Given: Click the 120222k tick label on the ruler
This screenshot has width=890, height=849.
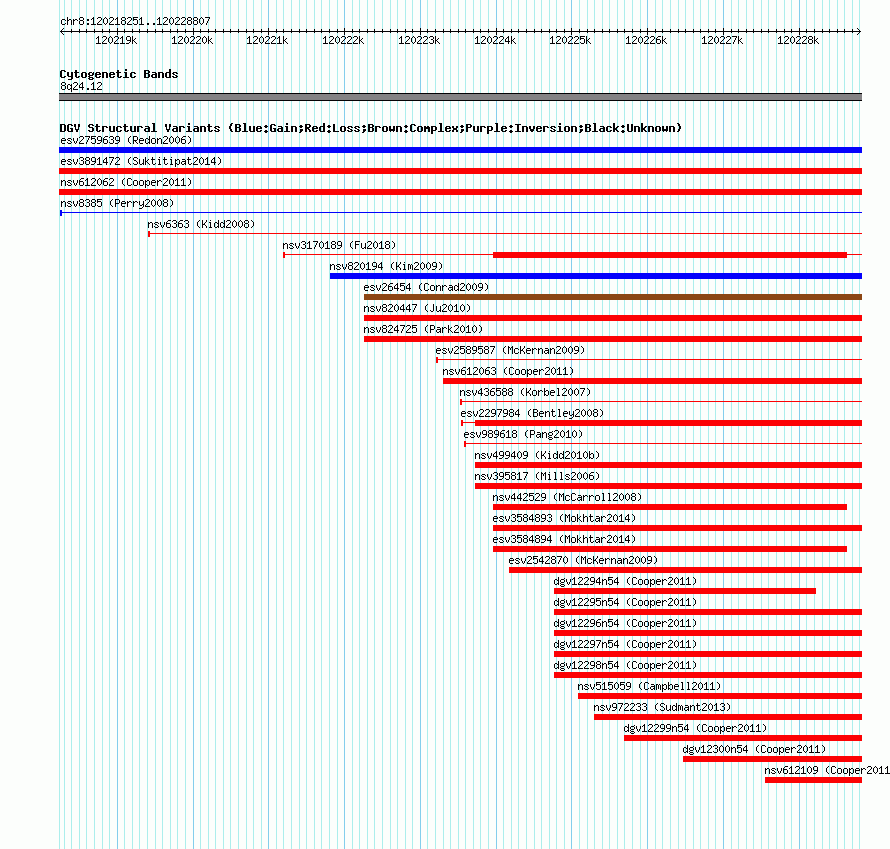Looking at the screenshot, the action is click(x=343, y=40).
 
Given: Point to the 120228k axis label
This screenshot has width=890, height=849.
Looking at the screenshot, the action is click(x=798, y=40).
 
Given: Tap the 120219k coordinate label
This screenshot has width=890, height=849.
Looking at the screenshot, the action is click(x=116, y=40).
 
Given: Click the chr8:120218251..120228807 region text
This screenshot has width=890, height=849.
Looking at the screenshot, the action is click(x=135, y=21).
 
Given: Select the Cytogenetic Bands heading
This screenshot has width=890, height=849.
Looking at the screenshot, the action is click(x=119, y=74).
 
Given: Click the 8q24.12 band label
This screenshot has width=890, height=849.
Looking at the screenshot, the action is click(x=81, y=86).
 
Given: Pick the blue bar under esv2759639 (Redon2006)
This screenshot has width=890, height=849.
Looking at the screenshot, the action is click(x=460, y=150).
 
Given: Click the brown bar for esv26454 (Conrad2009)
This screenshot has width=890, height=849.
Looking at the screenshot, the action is click(x=613, y=297).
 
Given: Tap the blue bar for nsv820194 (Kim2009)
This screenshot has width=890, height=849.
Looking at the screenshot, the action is click(x=596, y=276).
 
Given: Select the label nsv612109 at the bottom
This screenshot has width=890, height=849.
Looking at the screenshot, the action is click(x=791, y=770).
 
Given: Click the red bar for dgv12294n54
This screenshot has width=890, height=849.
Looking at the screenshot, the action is click(x=685, y=591).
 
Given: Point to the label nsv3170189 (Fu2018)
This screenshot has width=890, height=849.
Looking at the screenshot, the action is click(x=339, y=245).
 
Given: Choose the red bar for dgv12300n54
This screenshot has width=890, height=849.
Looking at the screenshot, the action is click(x=773, y=759).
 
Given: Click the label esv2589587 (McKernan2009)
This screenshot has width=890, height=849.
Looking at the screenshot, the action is click(x=510, y=350).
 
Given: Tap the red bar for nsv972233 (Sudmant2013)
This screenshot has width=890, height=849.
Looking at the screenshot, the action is click(x=728, y=717).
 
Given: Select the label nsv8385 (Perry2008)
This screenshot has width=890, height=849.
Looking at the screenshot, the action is click(x=117, y=203).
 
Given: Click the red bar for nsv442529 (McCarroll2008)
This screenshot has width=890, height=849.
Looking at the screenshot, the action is click(x=670, y=507).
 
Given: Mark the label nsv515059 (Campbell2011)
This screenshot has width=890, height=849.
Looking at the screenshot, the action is click(x=649, y=686).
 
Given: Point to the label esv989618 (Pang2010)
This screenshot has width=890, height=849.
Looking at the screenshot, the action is click(x=523, y=434).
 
